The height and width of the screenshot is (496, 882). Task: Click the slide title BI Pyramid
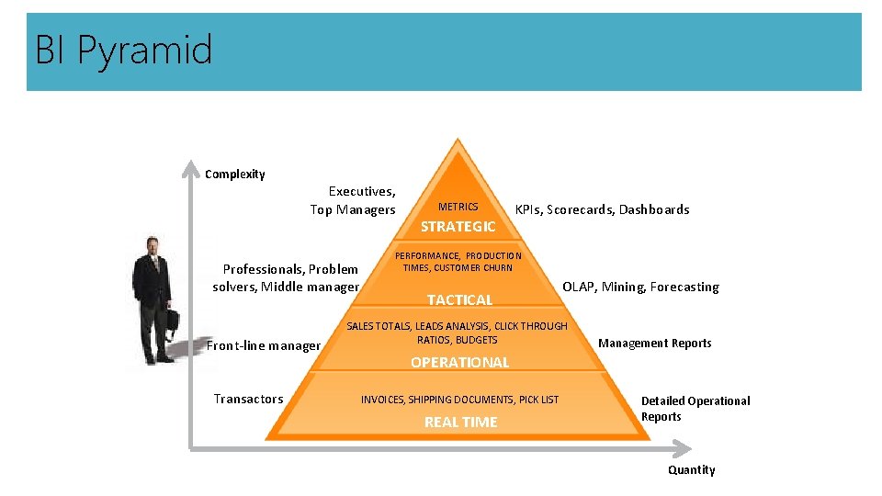click(124, 50)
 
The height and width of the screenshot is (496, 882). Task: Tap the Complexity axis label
click(234, 175)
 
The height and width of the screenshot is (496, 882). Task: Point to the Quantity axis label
click(691, 470)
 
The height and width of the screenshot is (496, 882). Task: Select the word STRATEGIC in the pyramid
click(458, 227)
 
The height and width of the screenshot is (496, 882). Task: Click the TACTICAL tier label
click(459, 299)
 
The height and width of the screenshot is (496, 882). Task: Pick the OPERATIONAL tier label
click(459, 363)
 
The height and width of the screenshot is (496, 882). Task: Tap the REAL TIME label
click(460, 423)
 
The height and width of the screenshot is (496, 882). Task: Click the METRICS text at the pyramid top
click(458, 208)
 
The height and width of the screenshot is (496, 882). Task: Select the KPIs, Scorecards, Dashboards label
click(602, 209)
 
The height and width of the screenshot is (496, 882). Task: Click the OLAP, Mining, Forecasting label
click(640, 287)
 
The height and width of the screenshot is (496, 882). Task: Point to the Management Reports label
click(654, 344)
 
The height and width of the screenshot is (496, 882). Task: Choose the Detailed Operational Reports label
click(695, 409)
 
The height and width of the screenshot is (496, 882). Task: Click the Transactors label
click(248, 399)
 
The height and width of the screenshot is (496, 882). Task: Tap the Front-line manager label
click(264, 346)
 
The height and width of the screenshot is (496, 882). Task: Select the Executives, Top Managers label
click(354, 200)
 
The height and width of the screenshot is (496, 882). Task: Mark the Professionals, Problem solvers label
click(287, 277)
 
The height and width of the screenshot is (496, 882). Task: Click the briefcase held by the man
click(170, 322)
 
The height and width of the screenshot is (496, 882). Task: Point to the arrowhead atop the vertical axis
click(191, 167)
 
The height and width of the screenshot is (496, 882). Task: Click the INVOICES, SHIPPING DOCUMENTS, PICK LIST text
click(459, 400)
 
